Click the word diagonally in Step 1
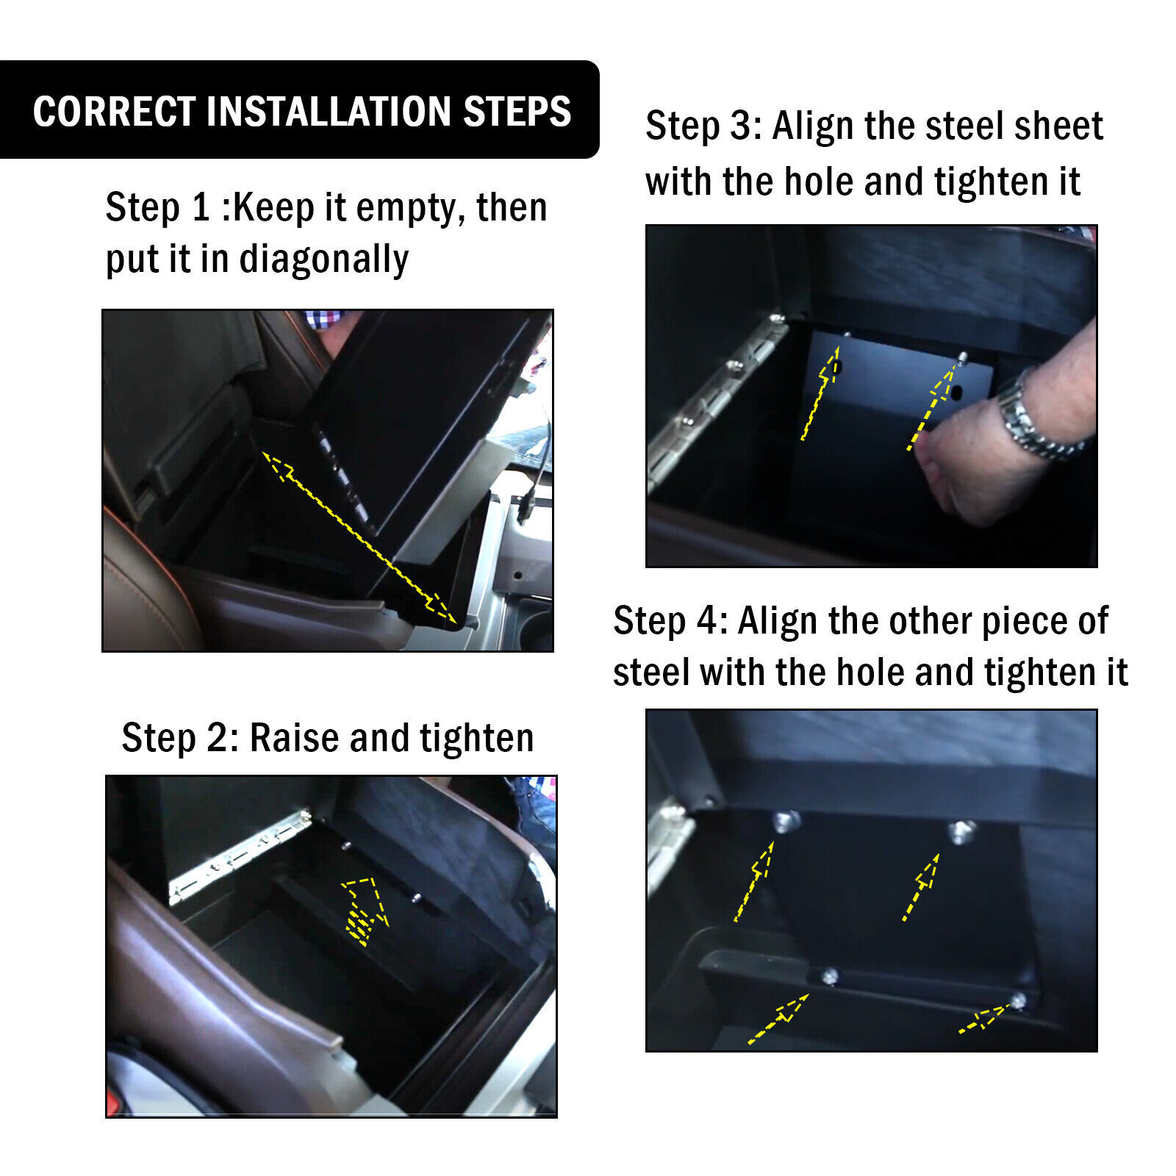coord(324,259)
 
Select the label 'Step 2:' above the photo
coord(180,737)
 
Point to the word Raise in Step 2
coord(295,737)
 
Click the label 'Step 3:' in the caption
coord(703,126)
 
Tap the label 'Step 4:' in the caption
coord(670,620)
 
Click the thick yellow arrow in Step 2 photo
coord(365,910)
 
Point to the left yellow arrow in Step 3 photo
coord(820,393)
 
